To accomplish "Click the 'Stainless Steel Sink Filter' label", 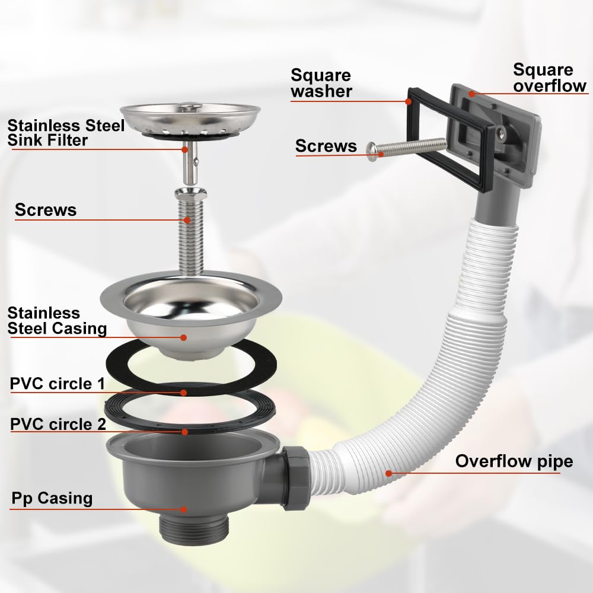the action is coord(66,133).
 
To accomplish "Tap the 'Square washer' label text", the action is coord(321,83).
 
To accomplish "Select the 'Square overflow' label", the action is coord(550,78).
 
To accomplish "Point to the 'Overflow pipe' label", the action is coord(514,462).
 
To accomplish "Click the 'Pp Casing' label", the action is coord(52,498).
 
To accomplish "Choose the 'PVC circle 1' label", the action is coord(57,384).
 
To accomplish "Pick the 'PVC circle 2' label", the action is coord(58,424).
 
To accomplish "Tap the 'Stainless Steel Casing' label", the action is coord(57,321).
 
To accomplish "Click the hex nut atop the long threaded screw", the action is coord(190,194).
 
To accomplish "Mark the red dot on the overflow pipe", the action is coord(388,473).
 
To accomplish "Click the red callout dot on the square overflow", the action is coord(471,94).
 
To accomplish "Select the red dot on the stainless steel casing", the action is coord(184,337).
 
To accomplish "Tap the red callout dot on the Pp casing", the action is coord(184,509).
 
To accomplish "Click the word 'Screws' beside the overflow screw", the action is coord(326,146).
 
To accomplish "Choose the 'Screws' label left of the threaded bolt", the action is coord(46,210).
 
